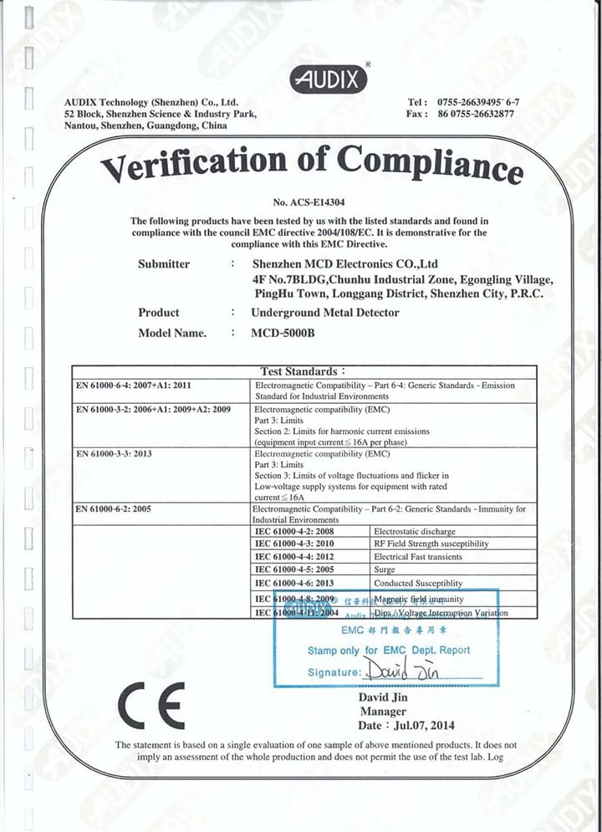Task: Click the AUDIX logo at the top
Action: pyautogui.click(x=329, y=79)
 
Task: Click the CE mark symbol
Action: pyautogui.click(x=150, y=707)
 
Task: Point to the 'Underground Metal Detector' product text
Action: pyautogui.click(x=325, y=313)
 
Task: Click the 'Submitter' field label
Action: pyautogui.click(x=164, y=264)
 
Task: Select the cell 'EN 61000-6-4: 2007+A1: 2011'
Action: pyautogui.click(x=135, y=385)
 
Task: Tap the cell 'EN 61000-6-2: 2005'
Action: pyautogui.click(x=114, y=508)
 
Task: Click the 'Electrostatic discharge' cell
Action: pyautogui.click(x=415, y=531)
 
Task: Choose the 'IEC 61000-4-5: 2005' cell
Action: pyautogui.click(x=294, y=570)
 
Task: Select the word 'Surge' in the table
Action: pyautogui.click(x=385, y=570)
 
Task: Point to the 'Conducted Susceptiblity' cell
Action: pyautogui.click(x=418, y=584)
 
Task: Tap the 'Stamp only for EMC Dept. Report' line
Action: pyautogui.click(x=388, y=650)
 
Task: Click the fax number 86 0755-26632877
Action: pyautogui.click(x=476, y=114)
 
